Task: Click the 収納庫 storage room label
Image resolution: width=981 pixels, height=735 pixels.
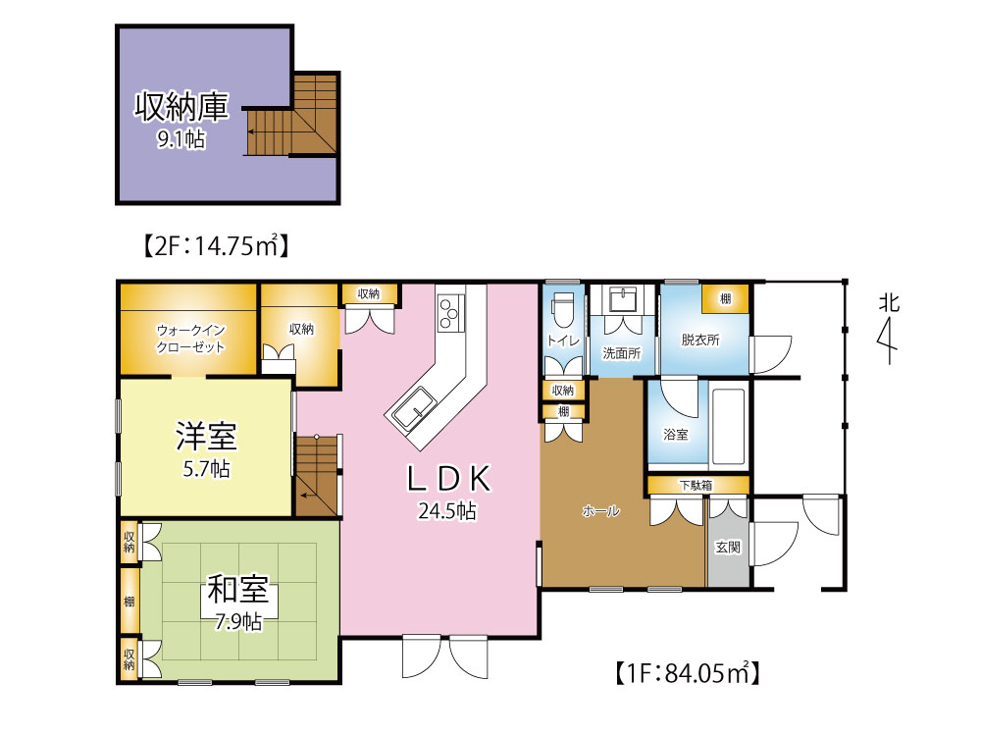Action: (x=181, y=106)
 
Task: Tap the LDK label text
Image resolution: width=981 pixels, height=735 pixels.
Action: (x=448, y=479)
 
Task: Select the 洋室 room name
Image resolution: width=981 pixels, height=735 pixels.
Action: (x=206, y=437)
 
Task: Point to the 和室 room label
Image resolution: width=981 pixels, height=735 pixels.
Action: (x=237, y=589)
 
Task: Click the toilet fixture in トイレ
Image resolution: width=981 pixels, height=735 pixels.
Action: (x=562, y=309)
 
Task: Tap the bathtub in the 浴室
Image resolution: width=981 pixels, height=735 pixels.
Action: (x=728, y=427)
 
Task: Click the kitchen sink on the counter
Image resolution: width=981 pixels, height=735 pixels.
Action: (x=412, y=409)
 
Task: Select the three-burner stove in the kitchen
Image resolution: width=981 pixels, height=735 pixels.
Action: (x=450, y=312)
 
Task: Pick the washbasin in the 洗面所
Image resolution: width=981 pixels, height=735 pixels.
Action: (x=622, y=299)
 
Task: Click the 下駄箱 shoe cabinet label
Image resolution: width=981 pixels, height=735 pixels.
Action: (x=696, y=485)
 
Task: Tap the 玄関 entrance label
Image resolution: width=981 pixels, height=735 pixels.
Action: (x=728, y=548)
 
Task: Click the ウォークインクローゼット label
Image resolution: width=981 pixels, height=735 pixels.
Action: (x=190, y=339)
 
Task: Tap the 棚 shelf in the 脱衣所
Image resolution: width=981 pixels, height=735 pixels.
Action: (x=725, y=298)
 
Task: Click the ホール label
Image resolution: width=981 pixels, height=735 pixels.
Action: (x=600, y=511)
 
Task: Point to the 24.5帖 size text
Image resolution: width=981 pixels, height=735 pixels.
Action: (x=447, y=511)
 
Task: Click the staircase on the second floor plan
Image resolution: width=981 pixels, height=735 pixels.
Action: (x=292, y=115)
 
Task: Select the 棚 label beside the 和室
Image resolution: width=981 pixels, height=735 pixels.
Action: (x=129, y=602)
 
